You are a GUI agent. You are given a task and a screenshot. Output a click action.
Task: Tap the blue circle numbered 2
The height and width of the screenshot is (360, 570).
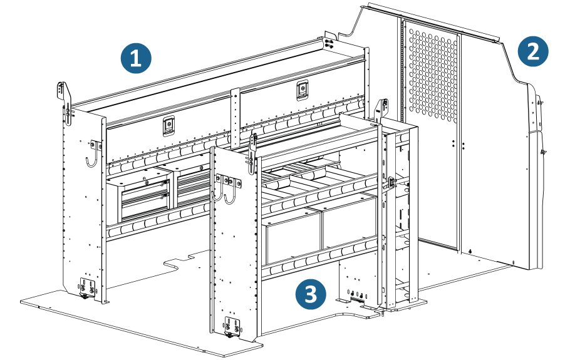(x=533, y=51)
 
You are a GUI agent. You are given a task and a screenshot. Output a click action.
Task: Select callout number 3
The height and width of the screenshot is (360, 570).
(x=311, y=292)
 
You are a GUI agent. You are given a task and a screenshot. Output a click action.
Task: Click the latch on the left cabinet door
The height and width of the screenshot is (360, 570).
(x=168, y=126)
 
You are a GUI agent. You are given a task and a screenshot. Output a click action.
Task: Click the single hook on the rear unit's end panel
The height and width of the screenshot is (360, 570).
(x=93, y=153)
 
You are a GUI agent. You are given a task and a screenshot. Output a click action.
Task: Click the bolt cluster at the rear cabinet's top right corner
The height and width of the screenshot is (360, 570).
(x=329, y=43)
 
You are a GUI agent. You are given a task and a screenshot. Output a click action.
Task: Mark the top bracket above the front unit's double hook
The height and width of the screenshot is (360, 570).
(x=253, y=145)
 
